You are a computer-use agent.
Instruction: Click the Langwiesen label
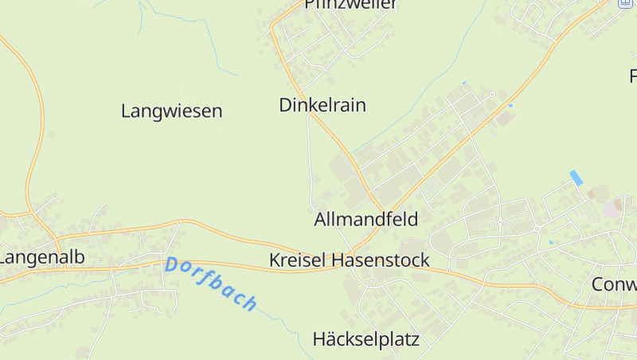click(171, 111)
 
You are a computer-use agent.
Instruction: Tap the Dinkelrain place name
click(322, 104)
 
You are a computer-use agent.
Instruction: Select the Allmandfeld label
click(366, 219)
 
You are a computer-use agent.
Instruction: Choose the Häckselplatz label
click(365, 339)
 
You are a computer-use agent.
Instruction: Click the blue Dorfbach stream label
click(211, 284)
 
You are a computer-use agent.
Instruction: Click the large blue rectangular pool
click(576, 178)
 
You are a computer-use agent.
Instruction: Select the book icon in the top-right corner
click(625, 2)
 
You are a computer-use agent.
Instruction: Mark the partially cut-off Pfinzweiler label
click(350, 4)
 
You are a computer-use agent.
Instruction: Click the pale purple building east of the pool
click(612, 208)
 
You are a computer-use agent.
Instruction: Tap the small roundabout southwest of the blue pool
click(537, 228)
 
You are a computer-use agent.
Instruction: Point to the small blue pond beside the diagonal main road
click(510, 105)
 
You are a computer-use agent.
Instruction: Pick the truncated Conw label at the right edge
click(614, 284)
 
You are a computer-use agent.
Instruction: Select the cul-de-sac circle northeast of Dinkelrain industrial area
click(493, 94)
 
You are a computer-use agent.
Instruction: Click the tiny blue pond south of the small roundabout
click(549, 241)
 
